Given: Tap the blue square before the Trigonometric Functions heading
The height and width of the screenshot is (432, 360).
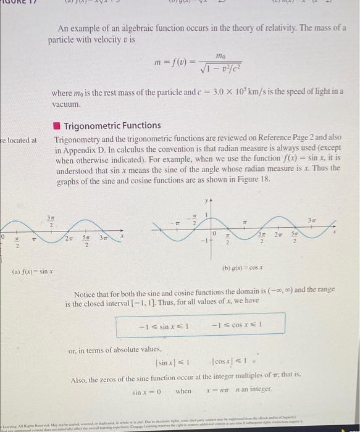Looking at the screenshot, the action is coord(57,126).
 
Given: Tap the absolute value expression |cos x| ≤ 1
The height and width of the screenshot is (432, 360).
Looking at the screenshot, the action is coord(232,362).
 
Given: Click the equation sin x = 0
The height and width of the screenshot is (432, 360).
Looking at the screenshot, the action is coord(147,392).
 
